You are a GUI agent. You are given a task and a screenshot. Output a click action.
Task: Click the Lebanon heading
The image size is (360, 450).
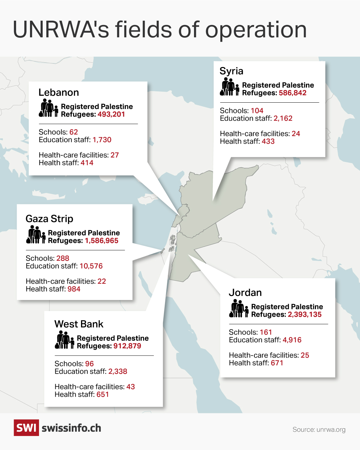coord(59,93)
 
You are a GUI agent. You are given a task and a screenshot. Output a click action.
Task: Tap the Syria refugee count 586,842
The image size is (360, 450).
coord(293,93)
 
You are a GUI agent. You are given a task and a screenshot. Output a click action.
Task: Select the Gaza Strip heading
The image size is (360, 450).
coord(49,219)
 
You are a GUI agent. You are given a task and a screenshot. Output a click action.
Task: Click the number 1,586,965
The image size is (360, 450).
coord(101,241)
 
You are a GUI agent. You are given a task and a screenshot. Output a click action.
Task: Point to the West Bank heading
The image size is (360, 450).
coord(79,324)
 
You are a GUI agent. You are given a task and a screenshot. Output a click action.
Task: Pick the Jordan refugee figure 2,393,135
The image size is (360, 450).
coord(305,315)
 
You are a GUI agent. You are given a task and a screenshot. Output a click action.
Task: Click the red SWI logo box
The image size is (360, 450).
coord(26,428)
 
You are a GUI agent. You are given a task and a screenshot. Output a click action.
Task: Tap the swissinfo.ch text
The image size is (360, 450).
coord(71,428)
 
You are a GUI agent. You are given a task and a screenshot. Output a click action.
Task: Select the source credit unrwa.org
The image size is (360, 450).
coord(319,430)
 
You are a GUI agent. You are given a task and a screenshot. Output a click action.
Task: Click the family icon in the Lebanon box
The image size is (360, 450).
coord(48,108)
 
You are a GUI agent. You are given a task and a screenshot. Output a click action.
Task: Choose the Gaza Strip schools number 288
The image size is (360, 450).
coord(63,258)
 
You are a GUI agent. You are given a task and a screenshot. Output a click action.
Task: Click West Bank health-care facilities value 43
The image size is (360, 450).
coord(131,387)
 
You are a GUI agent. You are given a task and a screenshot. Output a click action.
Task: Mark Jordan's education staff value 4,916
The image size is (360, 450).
coord(292,340)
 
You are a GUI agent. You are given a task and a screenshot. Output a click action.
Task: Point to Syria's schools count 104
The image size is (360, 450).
coord(257,111)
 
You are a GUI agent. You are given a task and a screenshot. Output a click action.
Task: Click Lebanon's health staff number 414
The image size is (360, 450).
coord(87,163)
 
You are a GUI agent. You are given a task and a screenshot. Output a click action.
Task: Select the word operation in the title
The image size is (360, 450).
coord(256,30)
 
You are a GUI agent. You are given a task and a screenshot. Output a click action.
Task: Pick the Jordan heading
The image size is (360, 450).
coord(245,293)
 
